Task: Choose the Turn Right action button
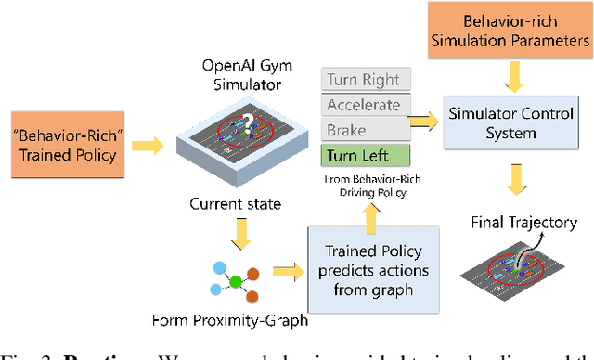[x=368, y=81]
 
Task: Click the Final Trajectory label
[x=523, y=222]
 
